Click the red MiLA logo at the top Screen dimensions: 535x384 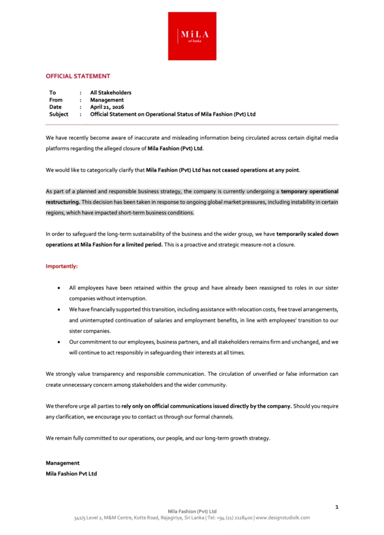point(192,36)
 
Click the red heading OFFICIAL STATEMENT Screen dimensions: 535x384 point(78,76)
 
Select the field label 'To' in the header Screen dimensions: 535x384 point(53,92)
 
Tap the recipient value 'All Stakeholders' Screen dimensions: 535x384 point(110,92)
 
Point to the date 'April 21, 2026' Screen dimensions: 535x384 point(107,107)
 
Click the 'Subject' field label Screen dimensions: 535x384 point(59,114)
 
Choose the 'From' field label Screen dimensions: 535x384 point(56,100)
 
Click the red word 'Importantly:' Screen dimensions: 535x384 point(62,265)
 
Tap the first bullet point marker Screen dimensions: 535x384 point(58,288)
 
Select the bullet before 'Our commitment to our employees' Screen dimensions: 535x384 point(58,342)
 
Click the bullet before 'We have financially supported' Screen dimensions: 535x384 point(58,310)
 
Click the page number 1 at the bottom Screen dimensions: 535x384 point(337,508)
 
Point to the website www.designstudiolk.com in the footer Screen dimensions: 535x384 point(283,518)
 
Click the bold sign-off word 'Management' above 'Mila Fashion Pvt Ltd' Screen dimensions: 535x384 point(62,463)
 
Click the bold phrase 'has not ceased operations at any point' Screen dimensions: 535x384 point(251,170)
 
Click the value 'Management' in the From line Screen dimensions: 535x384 point(107,100)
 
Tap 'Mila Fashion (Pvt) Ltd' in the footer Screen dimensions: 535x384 point(192,512)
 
